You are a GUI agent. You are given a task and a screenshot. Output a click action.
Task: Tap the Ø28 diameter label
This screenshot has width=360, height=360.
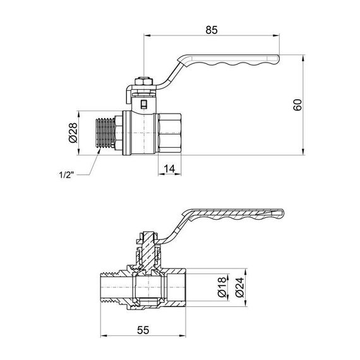tap(73, 133)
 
